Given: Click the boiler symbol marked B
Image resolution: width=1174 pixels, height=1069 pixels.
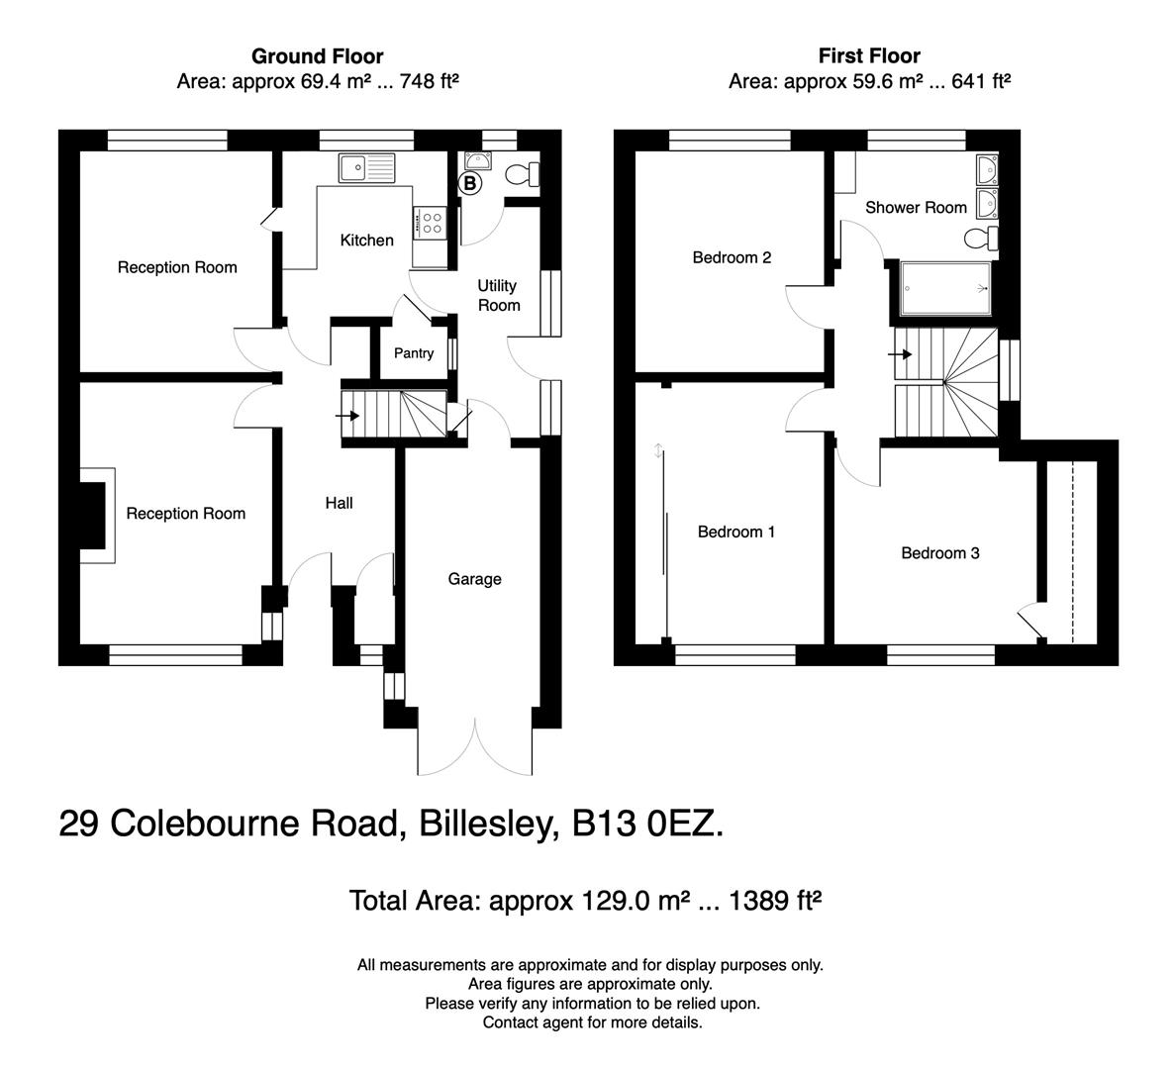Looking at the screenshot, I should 470,183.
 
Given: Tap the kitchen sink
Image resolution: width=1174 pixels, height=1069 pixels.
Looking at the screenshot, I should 365,167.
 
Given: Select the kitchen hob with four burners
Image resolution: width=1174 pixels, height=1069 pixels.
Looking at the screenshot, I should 433,223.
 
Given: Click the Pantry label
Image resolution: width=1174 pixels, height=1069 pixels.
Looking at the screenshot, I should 414,353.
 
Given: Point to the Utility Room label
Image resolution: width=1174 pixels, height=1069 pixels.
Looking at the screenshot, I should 498,295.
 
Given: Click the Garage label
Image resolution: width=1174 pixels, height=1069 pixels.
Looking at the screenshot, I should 474,579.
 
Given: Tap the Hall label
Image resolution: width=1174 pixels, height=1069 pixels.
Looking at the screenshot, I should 339,503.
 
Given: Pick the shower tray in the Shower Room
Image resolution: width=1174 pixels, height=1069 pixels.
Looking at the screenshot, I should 945,288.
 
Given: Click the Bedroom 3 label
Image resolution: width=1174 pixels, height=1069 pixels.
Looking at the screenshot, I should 939,553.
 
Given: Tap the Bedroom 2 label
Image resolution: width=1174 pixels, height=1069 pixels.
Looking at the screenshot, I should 732,257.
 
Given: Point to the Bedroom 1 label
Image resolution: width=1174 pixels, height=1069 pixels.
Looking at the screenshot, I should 736,532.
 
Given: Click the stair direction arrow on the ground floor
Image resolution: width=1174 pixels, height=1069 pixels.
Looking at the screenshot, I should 347,416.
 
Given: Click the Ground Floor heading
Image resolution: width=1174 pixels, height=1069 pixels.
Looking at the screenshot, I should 317,56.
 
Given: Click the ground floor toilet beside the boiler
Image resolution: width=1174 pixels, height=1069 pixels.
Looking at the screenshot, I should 521,175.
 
